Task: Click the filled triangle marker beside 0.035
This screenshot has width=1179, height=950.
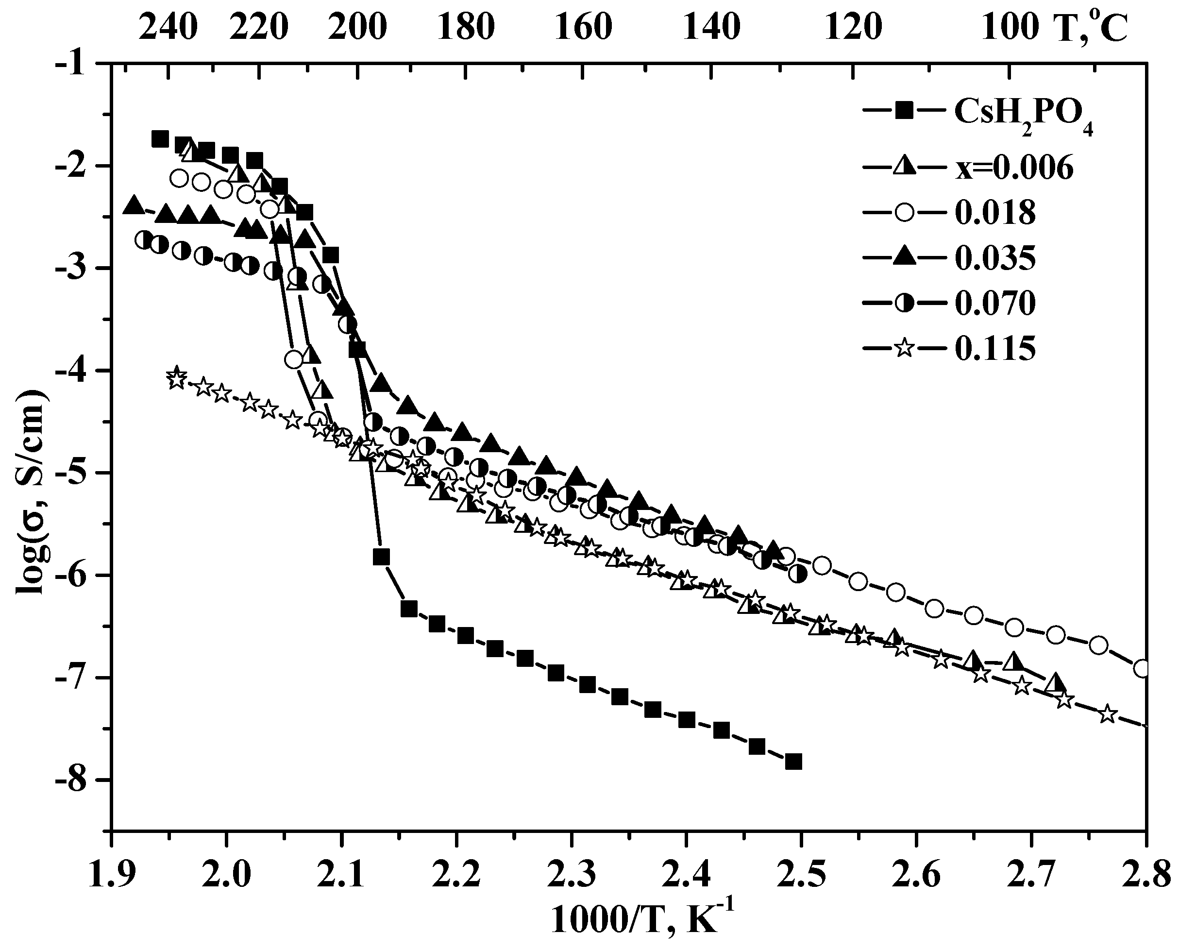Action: tap(905, 258)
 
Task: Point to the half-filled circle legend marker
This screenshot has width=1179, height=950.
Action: tap(905, 303)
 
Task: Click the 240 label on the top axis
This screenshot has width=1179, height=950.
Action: tap(168, 27)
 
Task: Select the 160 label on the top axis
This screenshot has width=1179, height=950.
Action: tap(583, 27)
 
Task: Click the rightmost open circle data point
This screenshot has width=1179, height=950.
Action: tap(1143, 669)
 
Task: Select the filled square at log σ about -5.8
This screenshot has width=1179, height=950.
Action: tap(381, 557)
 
